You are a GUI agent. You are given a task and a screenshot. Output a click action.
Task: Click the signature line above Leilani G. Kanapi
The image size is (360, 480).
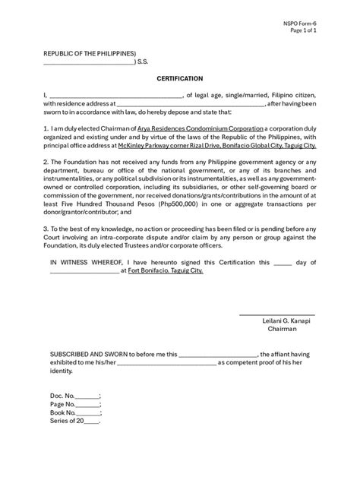(x=277, y=313)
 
